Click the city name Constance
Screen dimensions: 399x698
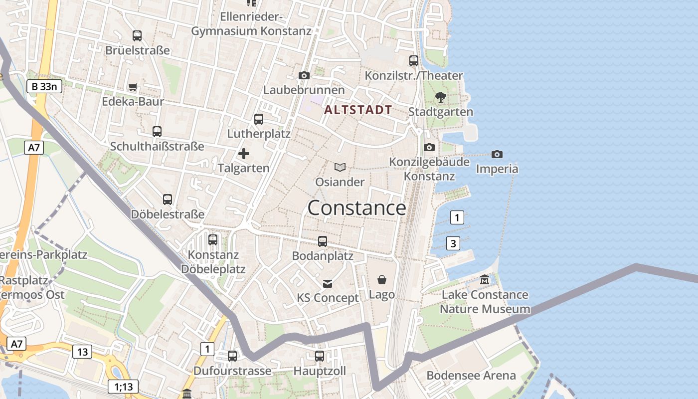(356, 208)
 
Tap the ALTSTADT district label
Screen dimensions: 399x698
(358, 110)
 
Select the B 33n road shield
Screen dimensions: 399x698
(44, 87)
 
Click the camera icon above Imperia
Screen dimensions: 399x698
(497, 154)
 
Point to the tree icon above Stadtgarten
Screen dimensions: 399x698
(440, 97)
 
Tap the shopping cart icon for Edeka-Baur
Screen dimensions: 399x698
(133, 87)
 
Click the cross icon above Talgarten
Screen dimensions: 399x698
(244, 154)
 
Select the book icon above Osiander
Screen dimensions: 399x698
(340, 167)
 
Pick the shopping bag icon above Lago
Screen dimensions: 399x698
(382, 280)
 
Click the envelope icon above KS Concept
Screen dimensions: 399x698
(328, 283)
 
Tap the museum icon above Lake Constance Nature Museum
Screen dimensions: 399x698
(485, 280)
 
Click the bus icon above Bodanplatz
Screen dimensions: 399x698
(323, 241)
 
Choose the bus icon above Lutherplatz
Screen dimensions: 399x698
(259, 119)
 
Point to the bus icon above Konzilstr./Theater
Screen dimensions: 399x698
(414, 61)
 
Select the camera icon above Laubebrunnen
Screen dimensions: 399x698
(304, 76)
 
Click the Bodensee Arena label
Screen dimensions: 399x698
(471, 376)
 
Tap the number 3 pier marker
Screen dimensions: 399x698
(453, 243)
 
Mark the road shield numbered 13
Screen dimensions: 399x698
(82, 352)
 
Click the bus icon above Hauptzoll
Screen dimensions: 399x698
(320, 356)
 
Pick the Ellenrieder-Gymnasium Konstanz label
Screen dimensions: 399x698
(251, 24)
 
